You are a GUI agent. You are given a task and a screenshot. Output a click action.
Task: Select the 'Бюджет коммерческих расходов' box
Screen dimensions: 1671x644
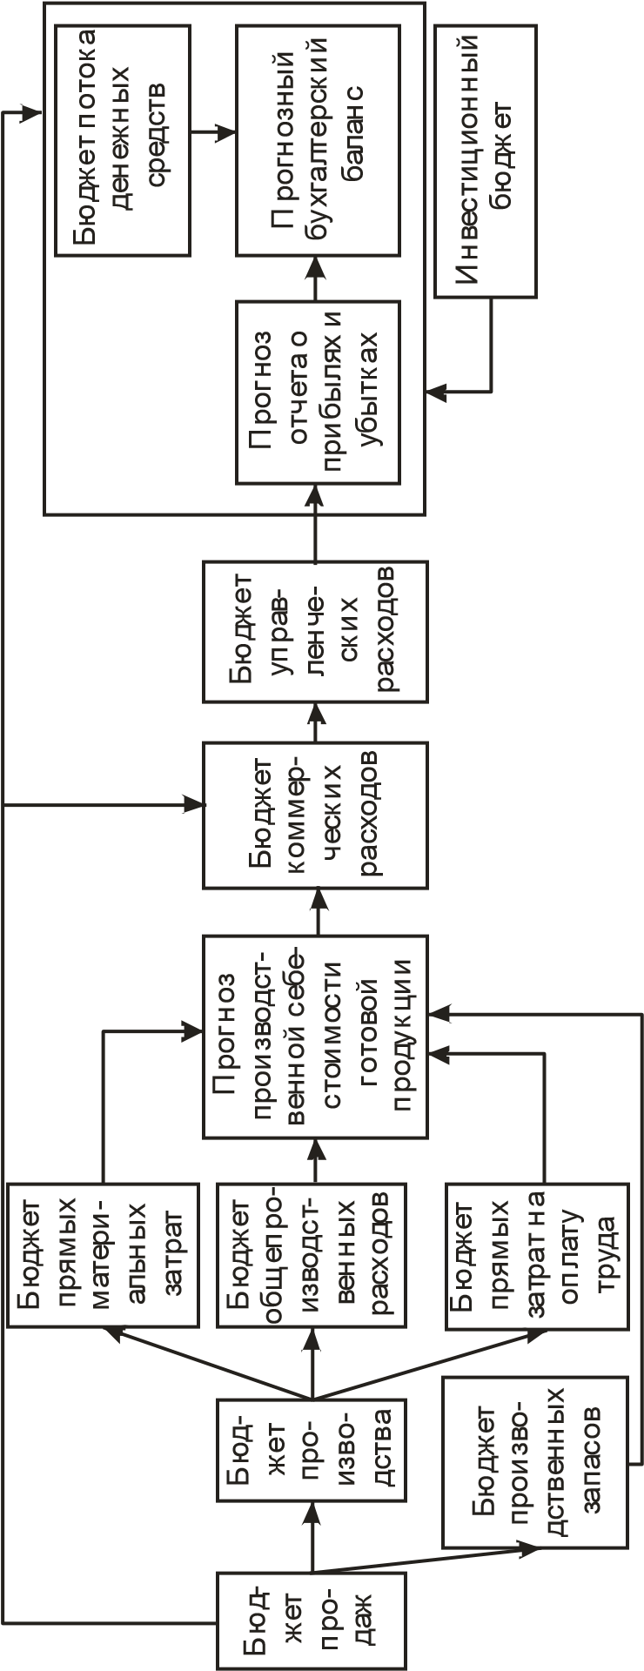[315, 815]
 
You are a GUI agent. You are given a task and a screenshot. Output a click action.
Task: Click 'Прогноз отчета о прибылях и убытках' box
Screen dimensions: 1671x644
[318, 392]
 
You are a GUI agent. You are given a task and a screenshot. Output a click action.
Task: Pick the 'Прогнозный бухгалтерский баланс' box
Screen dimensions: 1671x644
[318, 139]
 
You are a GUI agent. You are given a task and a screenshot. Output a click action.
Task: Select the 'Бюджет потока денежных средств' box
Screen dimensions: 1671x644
[122, 139]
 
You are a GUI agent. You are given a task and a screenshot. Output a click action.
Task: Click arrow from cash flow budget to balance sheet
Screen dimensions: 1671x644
[213, 133]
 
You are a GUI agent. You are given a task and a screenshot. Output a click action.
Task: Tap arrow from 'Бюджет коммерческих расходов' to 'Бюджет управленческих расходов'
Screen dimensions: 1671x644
[315, 722]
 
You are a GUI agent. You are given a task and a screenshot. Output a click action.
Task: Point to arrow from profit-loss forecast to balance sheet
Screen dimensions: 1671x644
[318, 278]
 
